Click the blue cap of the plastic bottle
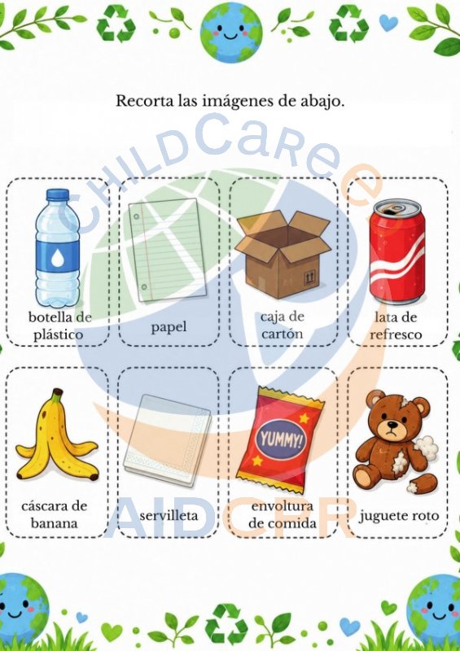point(57,194)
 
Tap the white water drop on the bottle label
point(57,259)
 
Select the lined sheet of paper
point(168,250)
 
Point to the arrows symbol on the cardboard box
point(310,277)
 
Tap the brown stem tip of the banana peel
point(57,392)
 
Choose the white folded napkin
point(167,440)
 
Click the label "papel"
point(169,327)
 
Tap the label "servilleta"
point(169,516)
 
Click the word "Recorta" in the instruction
point(144,101)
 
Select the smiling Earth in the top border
point(231,33)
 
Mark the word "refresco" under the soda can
point(396,334)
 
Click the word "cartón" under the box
point(283,334)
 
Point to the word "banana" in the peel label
point(54,523)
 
